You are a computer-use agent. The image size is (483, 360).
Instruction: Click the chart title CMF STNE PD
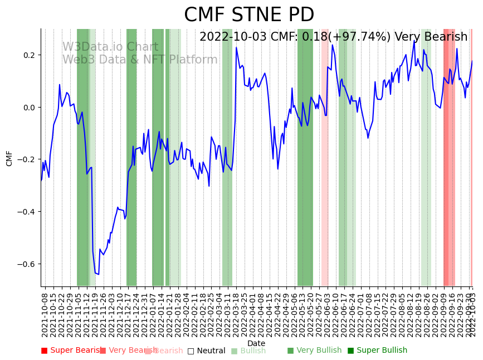coord(249,15)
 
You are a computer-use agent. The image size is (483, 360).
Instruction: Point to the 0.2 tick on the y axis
coord(29,55)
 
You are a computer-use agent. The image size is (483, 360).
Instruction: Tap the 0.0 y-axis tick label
coord(29,107)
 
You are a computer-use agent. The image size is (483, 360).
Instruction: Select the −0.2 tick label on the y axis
coord(27,159)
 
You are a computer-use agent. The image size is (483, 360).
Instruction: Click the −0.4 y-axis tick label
coord(27,212)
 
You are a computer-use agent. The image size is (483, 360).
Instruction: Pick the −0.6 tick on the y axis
coord(27,264)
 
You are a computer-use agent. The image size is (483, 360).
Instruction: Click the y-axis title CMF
coord(9,158)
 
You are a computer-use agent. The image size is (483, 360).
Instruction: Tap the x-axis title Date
coord(256,343)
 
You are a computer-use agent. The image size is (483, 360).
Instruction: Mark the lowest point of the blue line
coord(98,274)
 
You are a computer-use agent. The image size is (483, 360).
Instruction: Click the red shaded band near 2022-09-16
coord(449,167)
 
